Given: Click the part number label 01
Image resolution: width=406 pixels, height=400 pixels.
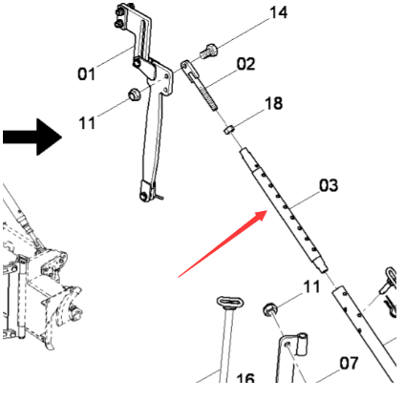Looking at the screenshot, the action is (x=86, y=74).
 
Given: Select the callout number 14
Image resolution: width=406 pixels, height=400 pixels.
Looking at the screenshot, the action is (x=278, y=13).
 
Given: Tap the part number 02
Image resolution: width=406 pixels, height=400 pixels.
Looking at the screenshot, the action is (x=246, y=64).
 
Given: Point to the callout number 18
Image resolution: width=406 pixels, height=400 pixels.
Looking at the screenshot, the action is (x=273, y=103).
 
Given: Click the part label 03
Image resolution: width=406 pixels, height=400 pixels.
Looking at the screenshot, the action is (x=329, y=185).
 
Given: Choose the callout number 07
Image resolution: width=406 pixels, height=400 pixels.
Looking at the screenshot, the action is (x=349, y=363).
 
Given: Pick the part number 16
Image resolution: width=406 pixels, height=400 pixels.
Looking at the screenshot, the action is (x=246, y=378).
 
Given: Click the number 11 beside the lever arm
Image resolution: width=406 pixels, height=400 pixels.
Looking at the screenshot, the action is (x=87, y=123).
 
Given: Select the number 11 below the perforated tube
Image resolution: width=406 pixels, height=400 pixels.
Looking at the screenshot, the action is (x=311, y=286).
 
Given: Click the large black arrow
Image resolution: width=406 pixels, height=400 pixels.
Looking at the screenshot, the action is (x=32, y=137).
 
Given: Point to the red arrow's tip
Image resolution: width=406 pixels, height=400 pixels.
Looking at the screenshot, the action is (x=267, y=211).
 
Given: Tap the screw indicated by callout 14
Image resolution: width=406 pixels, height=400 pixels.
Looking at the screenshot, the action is (x=209, y=52).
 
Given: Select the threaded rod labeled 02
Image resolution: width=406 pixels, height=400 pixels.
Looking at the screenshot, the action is (x=200, y=85).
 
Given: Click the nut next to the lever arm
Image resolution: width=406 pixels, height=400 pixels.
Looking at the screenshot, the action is (x=134, y=95).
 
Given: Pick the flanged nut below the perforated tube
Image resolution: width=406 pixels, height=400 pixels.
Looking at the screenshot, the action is (x=269, y=309).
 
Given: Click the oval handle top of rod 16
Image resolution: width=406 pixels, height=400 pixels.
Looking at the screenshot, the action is (x=229, y=302).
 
